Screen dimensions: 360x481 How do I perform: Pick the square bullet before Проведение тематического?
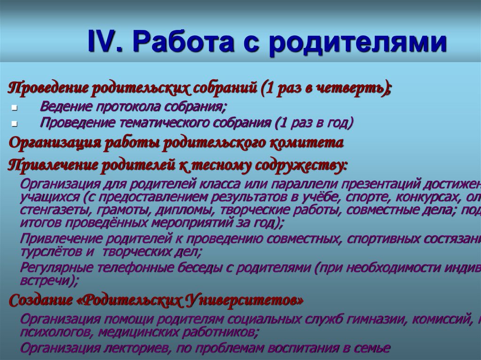[x=15, y=124]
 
